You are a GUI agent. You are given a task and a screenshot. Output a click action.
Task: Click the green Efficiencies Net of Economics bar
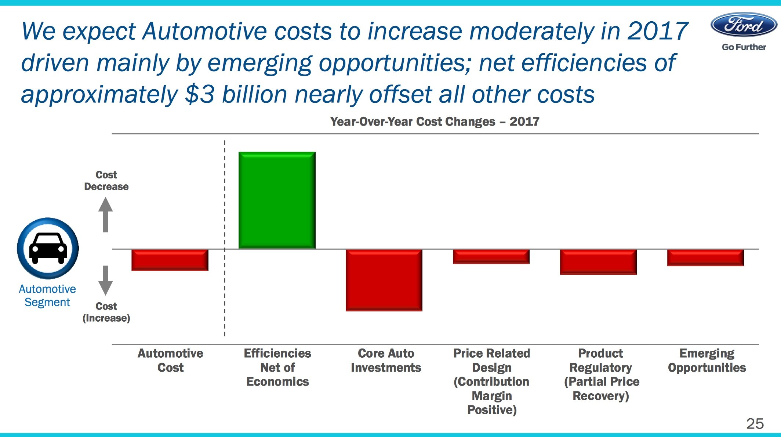(277, 200)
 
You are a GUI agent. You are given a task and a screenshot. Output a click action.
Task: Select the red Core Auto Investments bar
(384, 280)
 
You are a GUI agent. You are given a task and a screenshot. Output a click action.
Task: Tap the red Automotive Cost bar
(170, 260)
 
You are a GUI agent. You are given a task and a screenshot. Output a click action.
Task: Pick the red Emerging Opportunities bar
(705, 257)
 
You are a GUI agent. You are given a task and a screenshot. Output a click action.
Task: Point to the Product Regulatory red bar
(598, 261)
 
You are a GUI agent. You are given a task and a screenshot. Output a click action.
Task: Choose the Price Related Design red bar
(491, 256)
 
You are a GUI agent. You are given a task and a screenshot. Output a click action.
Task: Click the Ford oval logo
(744, 25)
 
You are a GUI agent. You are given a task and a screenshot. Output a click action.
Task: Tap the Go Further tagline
(744, 47)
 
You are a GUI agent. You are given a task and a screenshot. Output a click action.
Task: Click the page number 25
(755, 424)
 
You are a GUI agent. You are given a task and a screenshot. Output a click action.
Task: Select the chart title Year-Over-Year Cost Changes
(435, 122)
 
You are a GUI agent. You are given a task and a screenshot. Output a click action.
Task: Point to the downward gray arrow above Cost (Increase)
(106, 280)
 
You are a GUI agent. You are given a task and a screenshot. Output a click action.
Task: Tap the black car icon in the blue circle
(48, 248)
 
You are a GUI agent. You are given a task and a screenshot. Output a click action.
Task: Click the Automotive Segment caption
(47, 296)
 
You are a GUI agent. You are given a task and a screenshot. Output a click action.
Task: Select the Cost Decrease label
(106, 181)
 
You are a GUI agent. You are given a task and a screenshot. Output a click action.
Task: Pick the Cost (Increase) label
(106, 312)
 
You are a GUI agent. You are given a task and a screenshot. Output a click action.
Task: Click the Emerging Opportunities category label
(706, 360)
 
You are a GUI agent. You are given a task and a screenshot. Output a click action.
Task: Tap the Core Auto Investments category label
(386, 360)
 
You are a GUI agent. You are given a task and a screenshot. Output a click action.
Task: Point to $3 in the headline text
(200, 95)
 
